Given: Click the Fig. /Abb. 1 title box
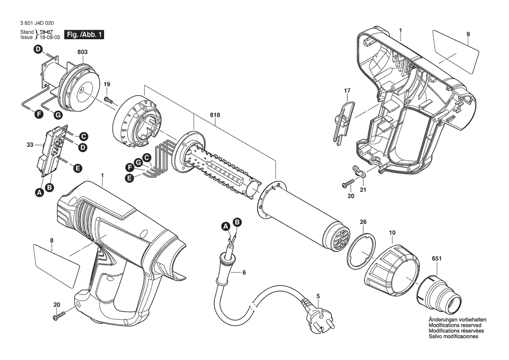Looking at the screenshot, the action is pos(84,34).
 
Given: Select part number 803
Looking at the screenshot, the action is pos(82,52).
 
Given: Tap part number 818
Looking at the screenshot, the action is pos(215,115).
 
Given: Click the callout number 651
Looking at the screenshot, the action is pos(437,250).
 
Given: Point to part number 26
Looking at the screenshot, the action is pos(363,222).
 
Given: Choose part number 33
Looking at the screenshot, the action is pos(30,145).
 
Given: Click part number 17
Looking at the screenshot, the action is pos(347,91).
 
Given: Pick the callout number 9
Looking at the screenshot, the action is pos(468,34).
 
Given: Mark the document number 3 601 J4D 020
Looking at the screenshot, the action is pos(37,23).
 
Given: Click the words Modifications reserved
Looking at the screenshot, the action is pos(455,325).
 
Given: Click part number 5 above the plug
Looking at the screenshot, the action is pos(318,296).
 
